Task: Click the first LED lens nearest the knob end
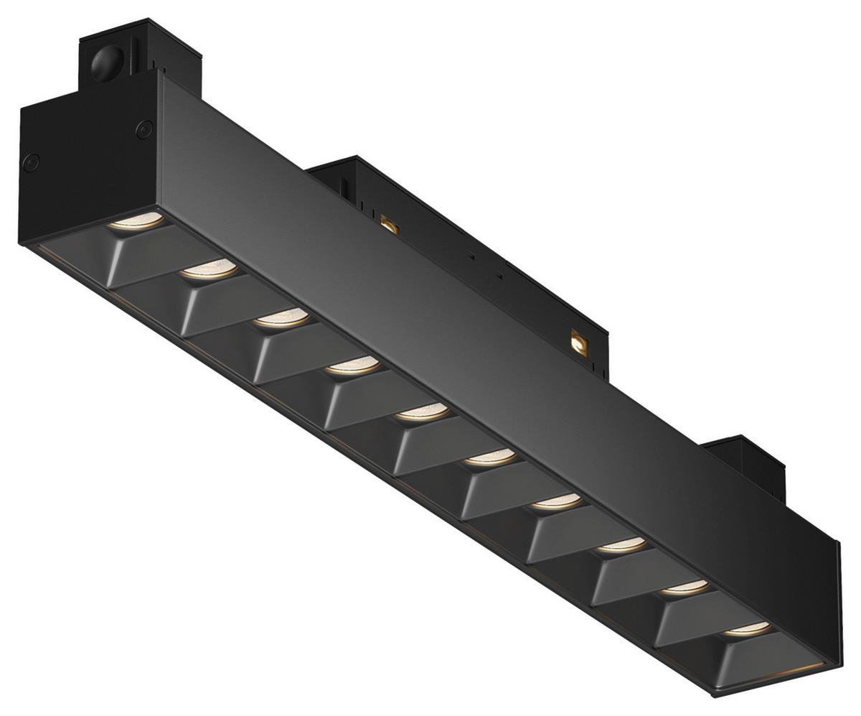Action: pos(136,220)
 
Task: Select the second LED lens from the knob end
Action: pos(208,270)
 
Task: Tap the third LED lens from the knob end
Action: pos(281,318)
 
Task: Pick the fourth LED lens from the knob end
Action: pos(352,366)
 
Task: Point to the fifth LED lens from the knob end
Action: pos(423,412)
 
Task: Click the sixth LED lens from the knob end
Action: pos(489,457)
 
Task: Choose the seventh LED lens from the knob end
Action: pos(556,501)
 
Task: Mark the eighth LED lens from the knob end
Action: pos(621,545)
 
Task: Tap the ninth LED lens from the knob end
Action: pos(685,587)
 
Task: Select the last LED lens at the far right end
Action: pos(747,629)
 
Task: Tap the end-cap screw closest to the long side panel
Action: pos(144,129)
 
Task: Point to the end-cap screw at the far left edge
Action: pos(31,162)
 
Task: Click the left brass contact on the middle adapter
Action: pos(390,224)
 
